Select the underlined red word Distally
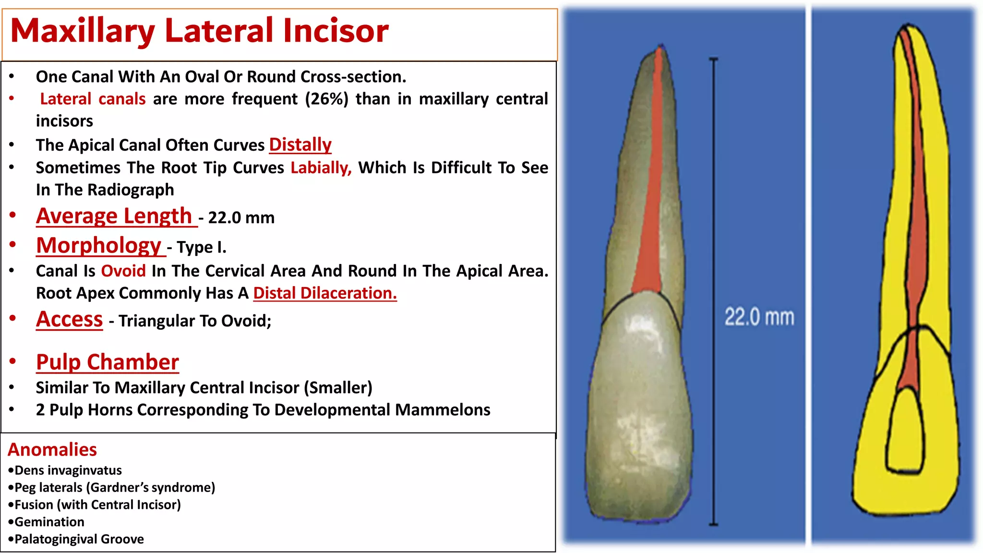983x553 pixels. (300, 144)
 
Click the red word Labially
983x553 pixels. (321, 168)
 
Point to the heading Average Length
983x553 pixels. (114, 216)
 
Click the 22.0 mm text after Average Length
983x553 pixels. (241, 218)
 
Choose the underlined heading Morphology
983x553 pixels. (99, 245)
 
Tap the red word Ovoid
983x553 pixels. (123, 271)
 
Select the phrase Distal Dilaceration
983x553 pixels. (325, 293)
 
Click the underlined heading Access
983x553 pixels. (70, 320)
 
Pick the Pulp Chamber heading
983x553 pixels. (108, 362)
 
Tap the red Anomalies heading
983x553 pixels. (52, 450)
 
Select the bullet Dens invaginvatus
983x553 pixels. (68, 470)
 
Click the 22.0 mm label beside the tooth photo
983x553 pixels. (759, 317)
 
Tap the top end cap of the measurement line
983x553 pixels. (714, 59)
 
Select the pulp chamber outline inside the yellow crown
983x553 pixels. (905, 432)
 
